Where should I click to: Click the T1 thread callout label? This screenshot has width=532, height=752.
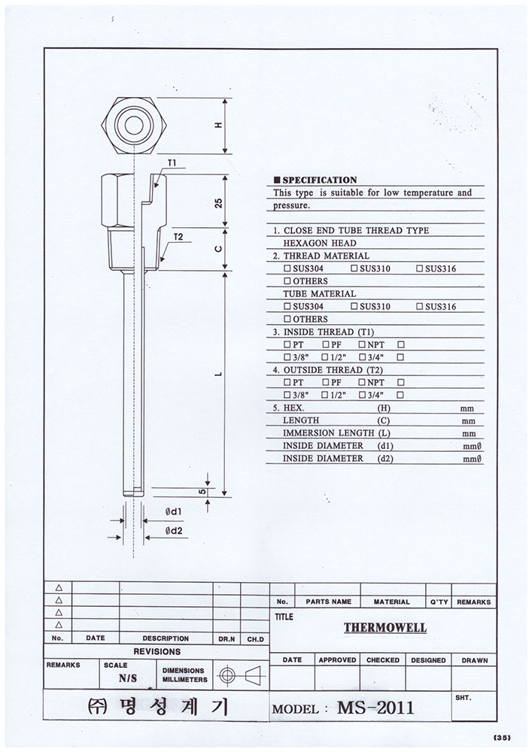(172, 163)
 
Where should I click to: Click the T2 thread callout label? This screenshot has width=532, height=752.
(178, 237)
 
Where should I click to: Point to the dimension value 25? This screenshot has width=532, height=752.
(217, 202)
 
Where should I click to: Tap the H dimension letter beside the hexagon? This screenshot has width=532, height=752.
(217, 126)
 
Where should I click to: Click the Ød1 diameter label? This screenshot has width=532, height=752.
(175, 511)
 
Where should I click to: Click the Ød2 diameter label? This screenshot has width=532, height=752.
(175, 531)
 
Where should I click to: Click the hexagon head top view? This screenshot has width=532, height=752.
(135, 125)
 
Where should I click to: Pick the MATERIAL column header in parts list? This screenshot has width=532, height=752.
(391, 602)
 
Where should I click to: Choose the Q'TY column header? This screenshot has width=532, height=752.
(438, 602)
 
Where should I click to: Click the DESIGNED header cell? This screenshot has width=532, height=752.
(429, 660)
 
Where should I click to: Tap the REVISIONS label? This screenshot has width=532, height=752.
(157, 651)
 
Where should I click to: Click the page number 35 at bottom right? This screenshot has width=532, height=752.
(503, 738)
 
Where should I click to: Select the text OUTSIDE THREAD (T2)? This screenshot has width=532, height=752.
(328, 369)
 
